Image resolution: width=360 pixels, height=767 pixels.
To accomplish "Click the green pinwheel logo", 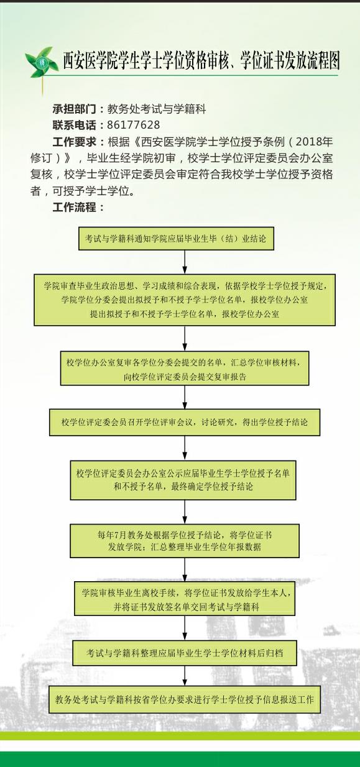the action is point(40,63).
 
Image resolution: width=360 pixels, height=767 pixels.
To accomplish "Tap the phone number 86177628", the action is point(134,125).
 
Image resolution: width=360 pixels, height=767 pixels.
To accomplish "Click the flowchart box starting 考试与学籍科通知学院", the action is point(176,239).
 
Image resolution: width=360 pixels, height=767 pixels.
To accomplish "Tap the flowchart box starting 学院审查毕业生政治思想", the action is point(184,300).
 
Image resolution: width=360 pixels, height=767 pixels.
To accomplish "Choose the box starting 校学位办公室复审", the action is point(185,368).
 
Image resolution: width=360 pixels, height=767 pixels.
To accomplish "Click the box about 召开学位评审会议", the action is point(185,422).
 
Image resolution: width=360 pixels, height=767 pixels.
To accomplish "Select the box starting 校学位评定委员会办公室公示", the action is point(183,480).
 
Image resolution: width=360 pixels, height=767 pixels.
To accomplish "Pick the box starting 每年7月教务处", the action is point(185,541).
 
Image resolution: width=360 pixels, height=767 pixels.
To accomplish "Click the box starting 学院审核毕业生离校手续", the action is point(185,599).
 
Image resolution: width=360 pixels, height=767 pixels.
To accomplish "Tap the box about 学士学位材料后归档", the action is point(185,653).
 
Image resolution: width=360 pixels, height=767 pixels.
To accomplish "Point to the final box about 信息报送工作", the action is point(185,699).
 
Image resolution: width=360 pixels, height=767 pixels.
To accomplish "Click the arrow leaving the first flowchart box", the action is point(185,262).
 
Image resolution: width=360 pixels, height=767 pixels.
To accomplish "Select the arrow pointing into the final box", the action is point(185,676).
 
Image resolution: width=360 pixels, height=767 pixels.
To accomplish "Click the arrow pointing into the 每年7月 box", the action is point(185,512).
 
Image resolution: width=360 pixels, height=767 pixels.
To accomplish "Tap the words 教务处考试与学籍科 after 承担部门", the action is point(157,109).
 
